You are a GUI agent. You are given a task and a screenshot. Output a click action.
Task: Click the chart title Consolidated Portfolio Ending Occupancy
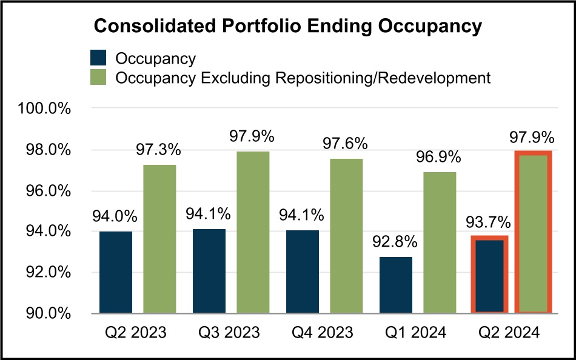click(287, 26)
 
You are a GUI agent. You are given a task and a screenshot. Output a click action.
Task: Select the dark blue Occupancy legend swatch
click(98, 58)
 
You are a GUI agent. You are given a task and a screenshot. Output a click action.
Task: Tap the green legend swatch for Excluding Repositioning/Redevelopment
click(98, 78)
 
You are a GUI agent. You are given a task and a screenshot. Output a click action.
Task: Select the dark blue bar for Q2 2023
click(115, 272)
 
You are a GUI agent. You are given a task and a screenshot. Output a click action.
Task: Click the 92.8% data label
click(395, 242)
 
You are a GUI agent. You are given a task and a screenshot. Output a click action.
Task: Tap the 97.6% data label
click(344, 144)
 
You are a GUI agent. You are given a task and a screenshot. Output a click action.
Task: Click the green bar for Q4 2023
click(346, 236)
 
